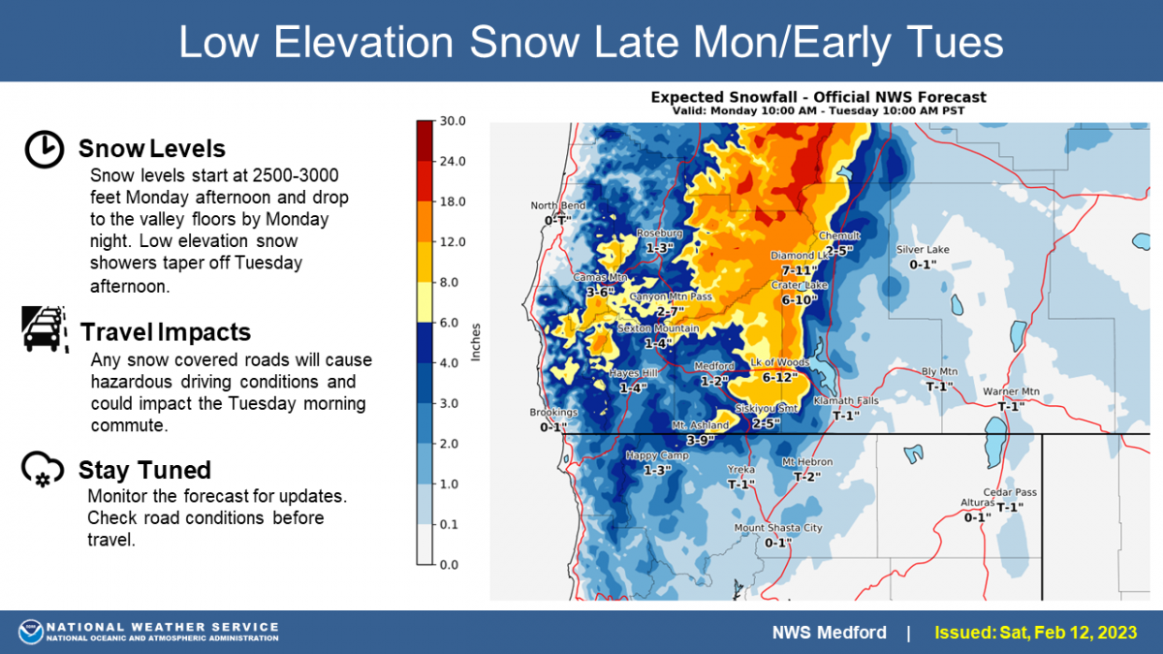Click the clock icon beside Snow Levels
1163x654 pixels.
click(45, 149)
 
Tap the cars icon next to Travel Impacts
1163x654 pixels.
click(45, 329)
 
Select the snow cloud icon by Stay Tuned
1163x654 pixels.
click(43, 469)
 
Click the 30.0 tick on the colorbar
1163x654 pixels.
click(453, 121)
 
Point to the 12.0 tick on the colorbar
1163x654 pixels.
click(453, 242)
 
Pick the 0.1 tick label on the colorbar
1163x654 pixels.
click(449, 524)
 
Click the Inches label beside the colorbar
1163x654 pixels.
click(476, 342)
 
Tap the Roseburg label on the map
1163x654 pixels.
click(659, 234)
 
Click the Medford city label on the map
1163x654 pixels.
click(714, 366)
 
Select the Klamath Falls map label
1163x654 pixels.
click(846, 401)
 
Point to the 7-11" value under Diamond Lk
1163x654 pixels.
click(800, 270)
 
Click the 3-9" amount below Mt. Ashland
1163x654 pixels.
click(701, 440)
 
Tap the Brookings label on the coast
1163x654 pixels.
click(553, 412)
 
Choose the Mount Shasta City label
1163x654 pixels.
click(778, 528)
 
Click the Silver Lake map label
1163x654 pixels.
click(923, 250)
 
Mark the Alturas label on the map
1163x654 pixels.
click(977, 503)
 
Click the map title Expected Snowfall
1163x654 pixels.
click(818, 97)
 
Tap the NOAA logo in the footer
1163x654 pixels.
click(31, 632)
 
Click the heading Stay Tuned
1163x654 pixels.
click(144, 470)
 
